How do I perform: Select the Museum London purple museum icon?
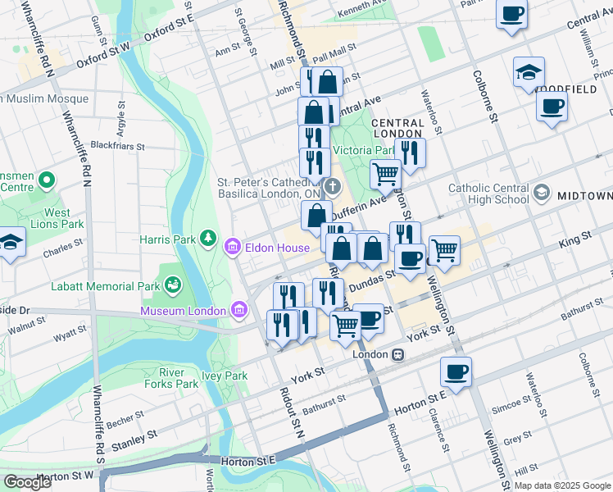click(239, 310)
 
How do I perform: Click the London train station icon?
click(397, 354)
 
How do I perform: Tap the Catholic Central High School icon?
click(541, 194)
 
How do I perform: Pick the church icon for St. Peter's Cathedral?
click(332, 187)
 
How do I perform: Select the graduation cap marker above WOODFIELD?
click(529, 71)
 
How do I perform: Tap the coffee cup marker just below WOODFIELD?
click(552, 106)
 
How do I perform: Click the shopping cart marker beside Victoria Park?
click(385, 173)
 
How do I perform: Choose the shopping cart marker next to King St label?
click(443, 249)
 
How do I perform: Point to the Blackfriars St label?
click(117, 147)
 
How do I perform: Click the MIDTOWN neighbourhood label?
click(584, 197)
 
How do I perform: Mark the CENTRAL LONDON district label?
click(397, 129)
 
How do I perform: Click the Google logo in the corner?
click(27, 482)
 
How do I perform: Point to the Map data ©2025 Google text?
click(561, 485)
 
